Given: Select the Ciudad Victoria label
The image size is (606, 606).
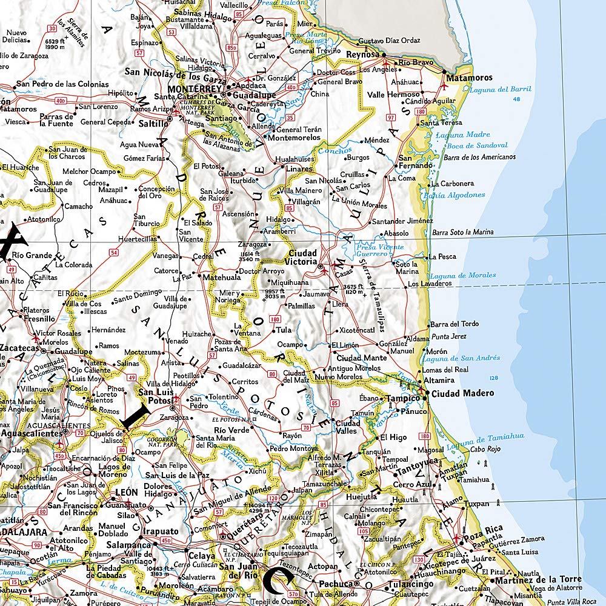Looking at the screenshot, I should click(303, 258).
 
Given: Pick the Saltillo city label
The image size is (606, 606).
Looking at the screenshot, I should click(153, 123).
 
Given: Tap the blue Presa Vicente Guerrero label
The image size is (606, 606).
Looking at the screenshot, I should click(380, 251).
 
